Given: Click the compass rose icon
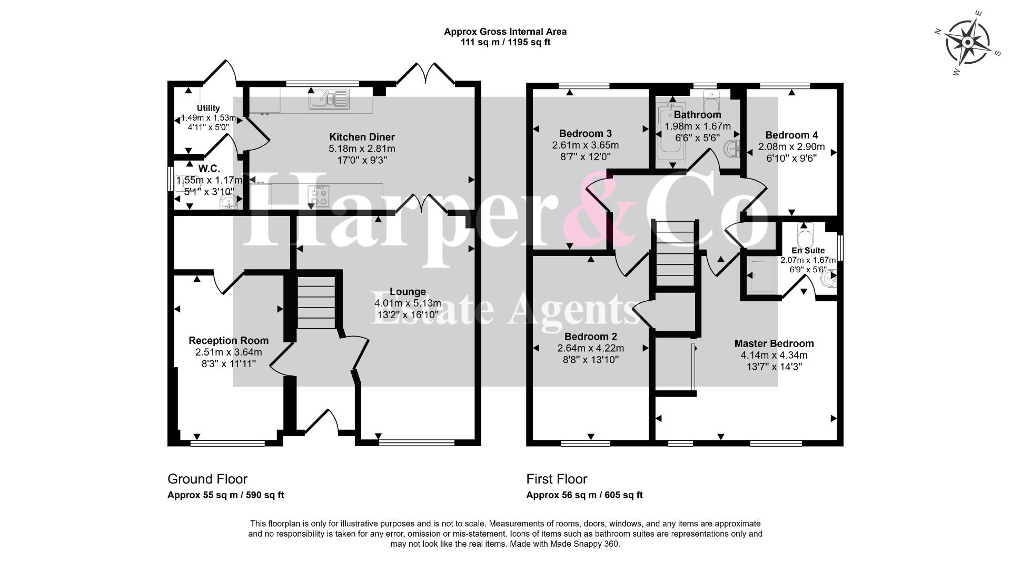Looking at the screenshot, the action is point(968,42).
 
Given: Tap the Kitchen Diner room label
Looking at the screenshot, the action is point(362,137).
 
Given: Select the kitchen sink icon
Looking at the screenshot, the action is point(329,99).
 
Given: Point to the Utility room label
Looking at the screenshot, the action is point(209,108).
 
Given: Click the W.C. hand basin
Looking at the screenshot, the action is point(228,203).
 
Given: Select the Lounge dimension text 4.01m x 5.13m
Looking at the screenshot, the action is point(408,303).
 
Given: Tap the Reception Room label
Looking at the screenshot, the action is point(229,341).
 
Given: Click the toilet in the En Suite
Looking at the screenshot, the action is point(805,235).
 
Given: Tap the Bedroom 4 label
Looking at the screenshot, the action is point(791,135).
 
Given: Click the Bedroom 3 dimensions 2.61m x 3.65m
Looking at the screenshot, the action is point(586,145).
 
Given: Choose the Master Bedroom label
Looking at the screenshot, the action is point(774,344).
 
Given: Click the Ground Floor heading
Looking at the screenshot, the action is point(207,479).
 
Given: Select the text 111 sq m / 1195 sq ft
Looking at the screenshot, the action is point(506,42).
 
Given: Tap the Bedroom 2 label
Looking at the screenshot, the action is point(591,337).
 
